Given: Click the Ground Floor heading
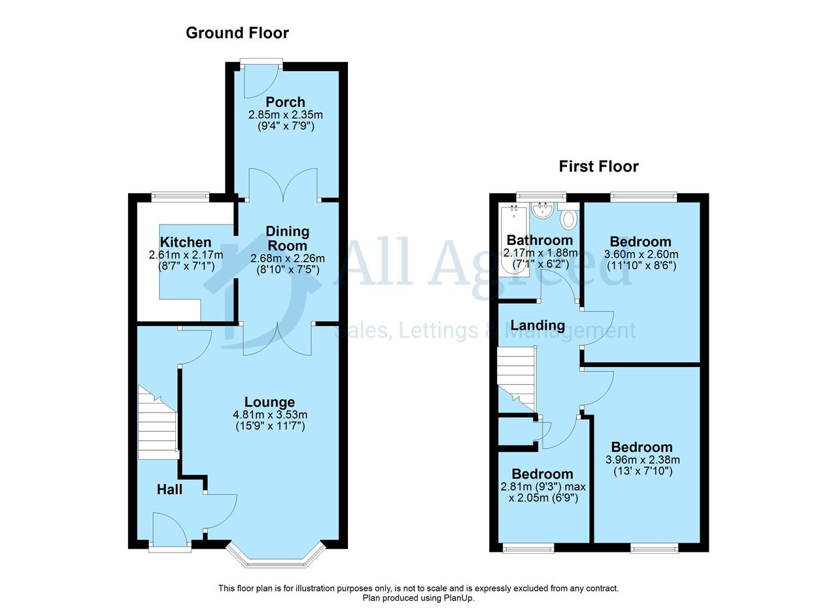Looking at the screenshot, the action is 237,33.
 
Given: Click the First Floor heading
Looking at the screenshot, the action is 598,167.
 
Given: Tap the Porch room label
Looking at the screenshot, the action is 286,102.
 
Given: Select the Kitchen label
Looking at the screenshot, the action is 185,242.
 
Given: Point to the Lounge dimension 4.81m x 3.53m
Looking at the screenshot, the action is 270,414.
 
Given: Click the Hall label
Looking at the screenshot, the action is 169,490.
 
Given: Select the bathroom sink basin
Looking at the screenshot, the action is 543,210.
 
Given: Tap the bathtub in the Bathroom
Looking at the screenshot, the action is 514,240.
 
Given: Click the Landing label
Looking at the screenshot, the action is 538,325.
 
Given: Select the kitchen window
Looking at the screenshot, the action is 180,197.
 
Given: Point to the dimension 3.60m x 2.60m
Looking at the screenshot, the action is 641,255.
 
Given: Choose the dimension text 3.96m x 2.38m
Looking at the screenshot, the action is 643,460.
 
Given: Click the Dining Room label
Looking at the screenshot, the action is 287,239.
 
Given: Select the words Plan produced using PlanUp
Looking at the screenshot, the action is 418,598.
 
